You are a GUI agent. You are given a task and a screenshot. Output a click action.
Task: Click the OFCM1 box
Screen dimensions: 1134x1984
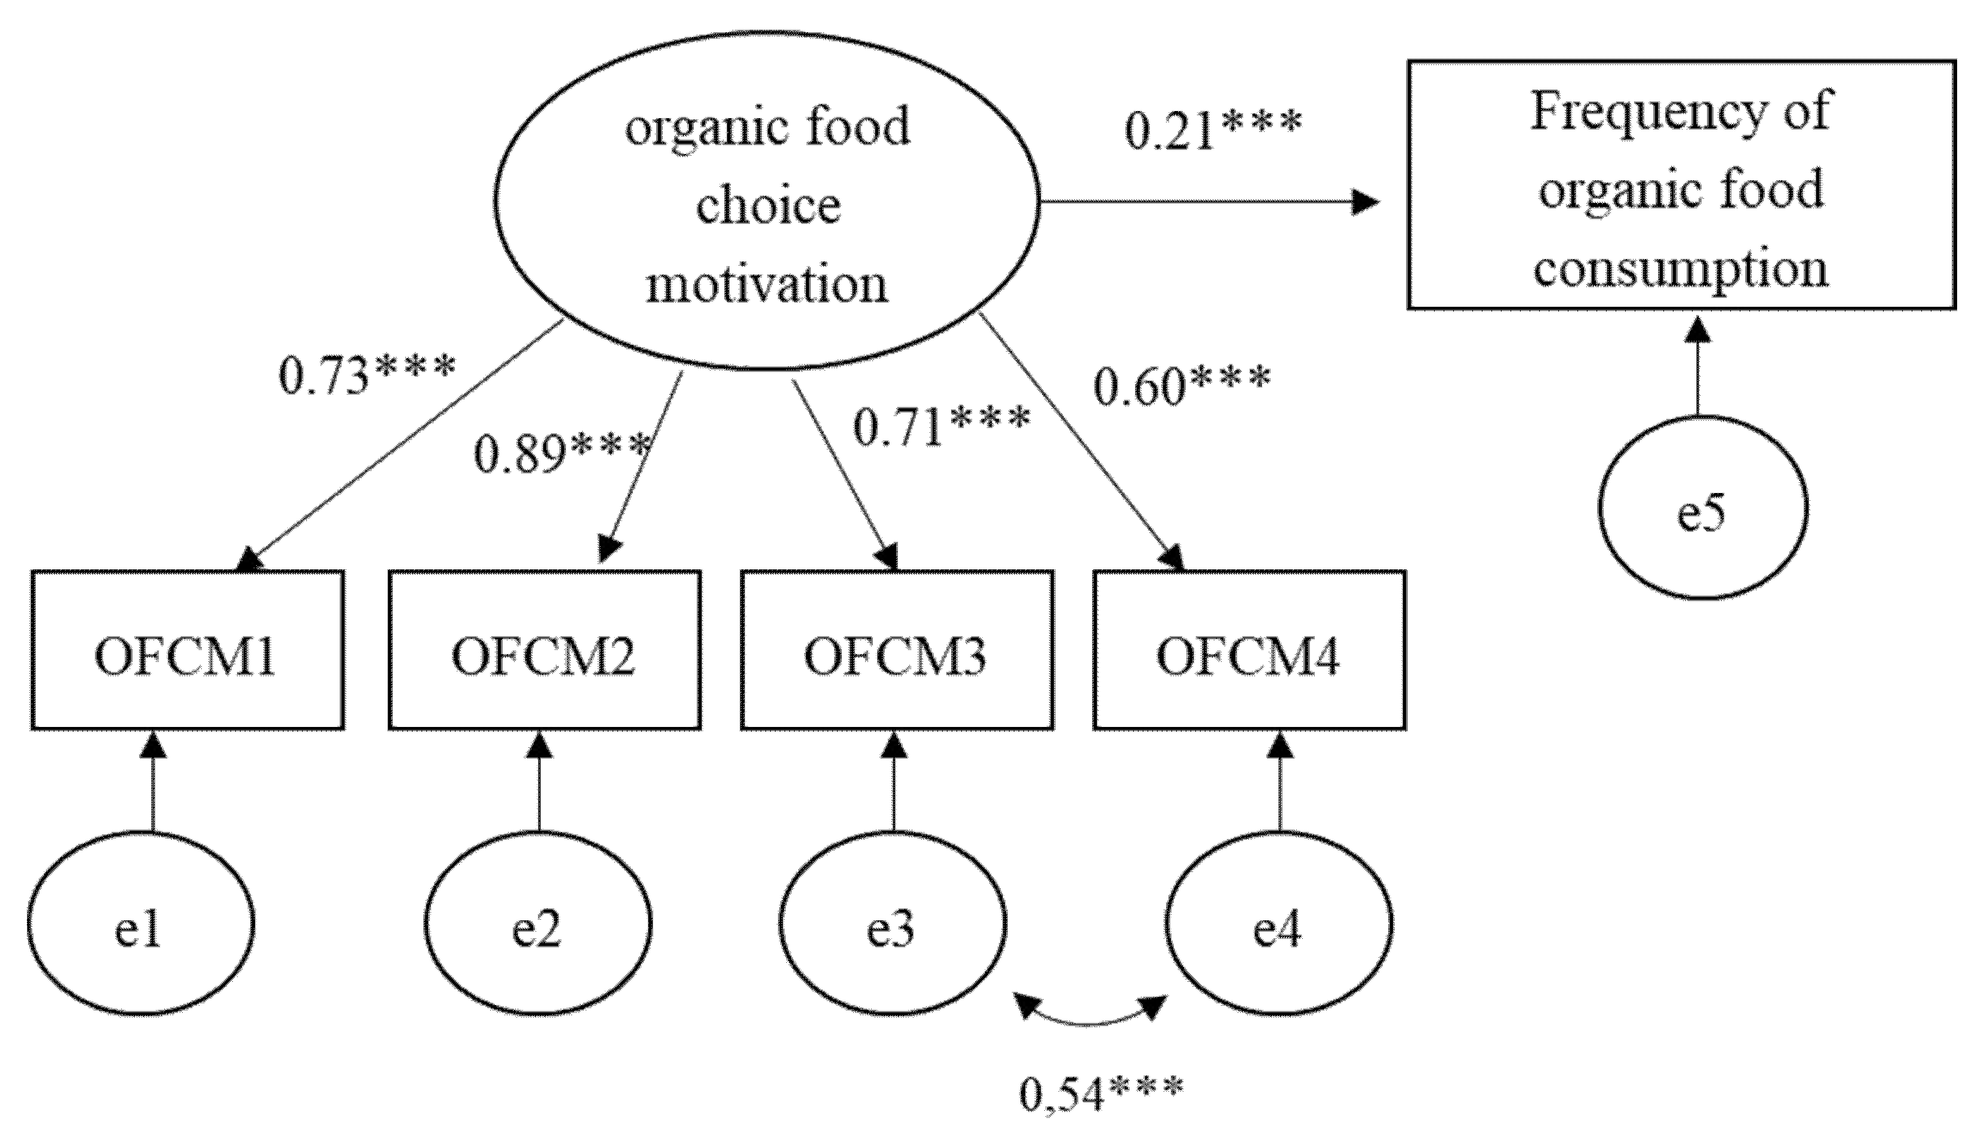coord(187,651)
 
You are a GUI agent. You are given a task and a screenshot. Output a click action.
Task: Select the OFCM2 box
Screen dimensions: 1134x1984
coord(545,651)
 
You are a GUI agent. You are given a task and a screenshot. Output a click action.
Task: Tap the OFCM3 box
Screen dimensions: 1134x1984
coord(897,651)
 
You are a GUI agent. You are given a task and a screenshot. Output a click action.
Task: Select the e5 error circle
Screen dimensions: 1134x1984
coord(1703,508)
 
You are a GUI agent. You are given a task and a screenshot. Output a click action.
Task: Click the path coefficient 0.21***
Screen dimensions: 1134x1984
coord(1213,130)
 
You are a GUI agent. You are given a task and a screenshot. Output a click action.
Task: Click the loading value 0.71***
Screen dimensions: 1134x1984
coord(941,427)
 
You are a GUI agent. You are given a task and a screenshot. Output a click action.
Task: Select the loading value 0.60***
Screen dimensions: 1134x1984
coord(1182,386)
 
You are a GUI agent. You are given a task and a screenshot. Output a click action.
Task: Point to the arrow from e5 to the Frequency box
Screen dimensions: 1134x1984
coord(1697,366)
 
